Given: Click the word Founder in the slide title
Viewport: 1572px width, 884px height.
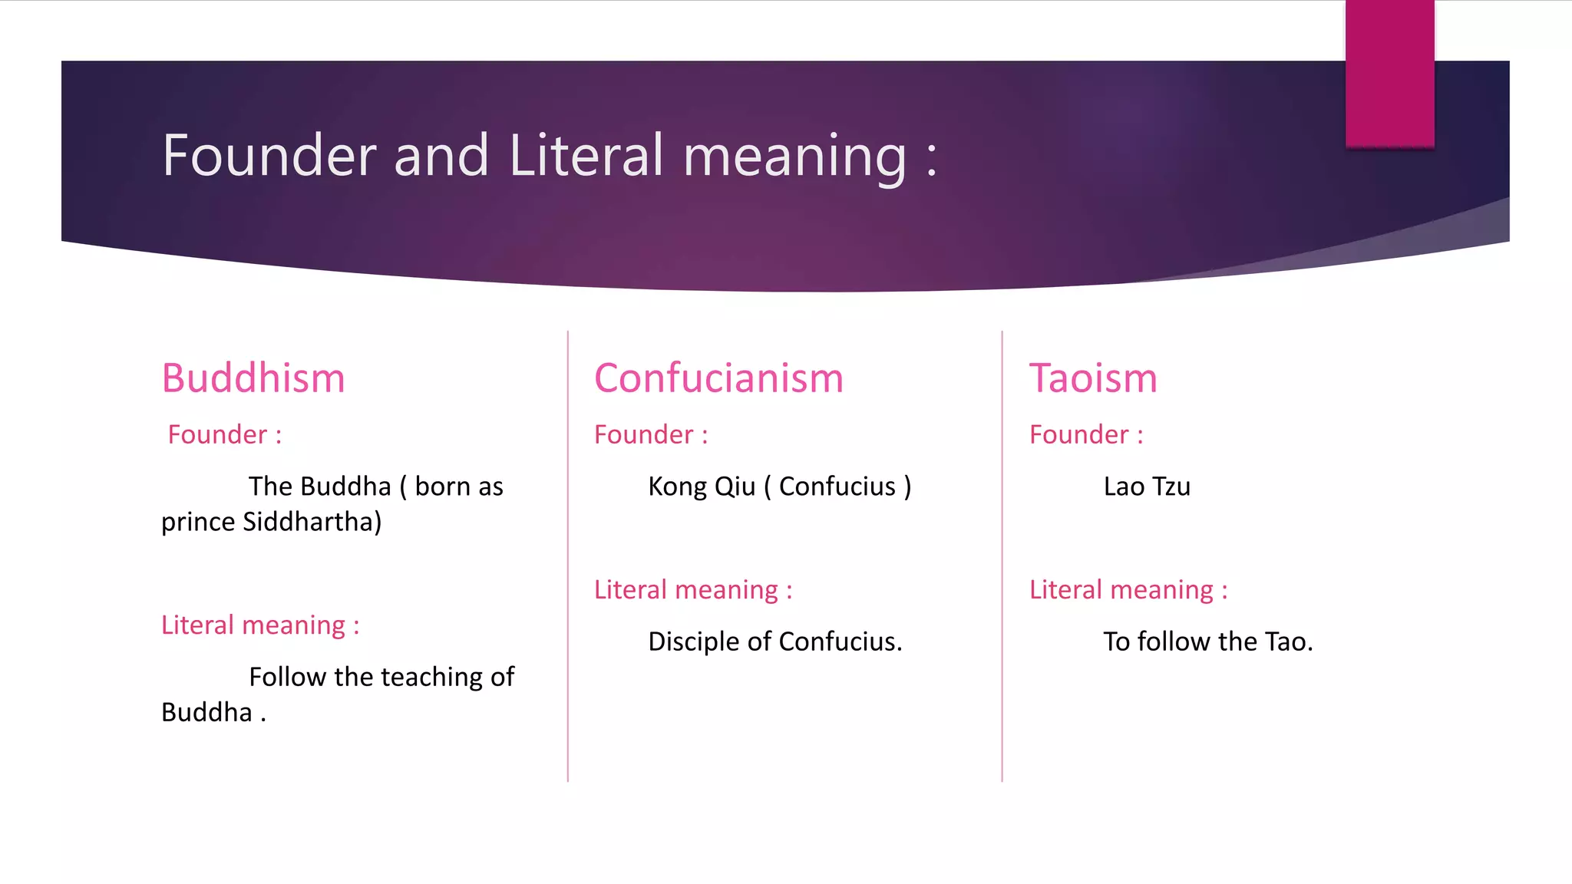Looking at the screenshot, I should point(269,156).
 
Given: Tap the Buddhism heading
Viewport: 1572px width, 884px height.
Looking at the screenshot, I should point(253,378).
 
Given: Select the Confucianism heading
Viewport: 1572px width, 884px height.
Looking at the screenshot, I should point(718,378).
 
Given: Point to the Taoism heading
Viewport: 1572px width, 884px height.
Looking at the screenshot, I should point(1093,378).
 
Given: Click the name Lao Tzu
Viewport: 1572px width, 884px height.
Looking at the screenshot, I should point(1147,487).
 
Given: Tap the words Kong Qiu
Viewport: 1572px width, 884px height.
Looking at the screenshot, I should point(702,487).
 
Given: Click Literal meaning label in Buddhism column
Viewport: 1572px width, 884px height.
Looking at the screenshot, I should point(259,625).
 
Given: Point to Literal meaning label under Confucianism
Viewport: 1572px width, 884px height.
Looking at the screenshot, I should point(692,590).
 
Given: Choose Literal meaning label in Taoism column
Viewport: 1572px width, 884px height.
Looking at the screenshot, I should point(1128,590).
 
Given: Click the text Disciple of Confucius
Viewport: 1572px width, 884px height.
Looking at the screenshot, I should point(774,642).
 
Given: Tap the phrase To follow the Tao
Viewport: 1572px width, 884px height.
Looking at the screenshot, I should point(1207,642).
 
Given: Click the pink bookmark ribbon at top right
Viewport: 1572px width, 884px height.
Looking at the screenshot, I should point(1389,73).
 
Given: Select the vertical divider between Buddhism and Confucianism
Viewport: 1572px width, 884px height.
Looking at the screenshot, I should point(568,556).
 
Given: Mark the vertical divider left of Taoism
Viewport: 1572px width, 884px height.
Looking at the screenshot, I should point(1002,556).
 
